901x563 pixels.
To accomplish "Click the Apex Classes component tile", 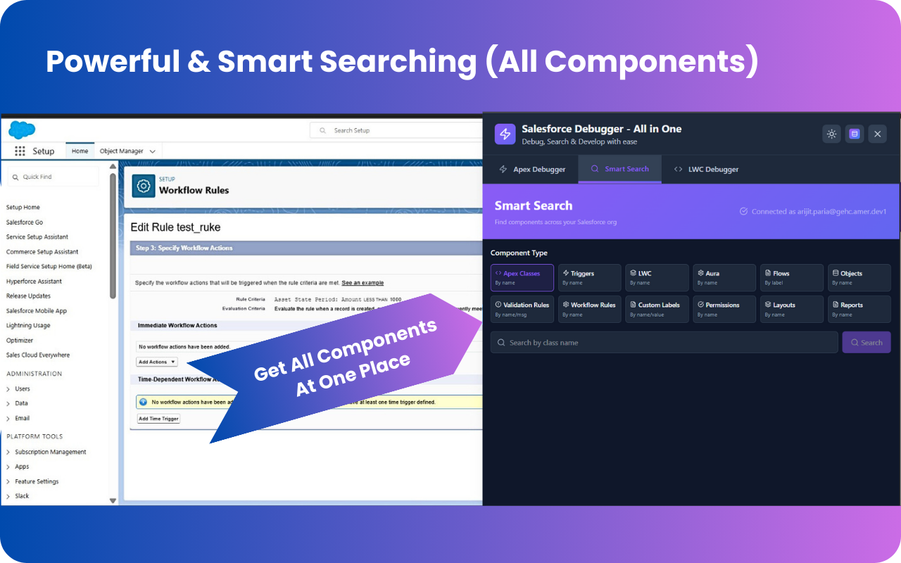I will pyautogui.click(x=522, y=277).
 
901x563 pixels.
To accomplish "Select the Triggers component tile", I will pyautogui.click(x=589, y=277).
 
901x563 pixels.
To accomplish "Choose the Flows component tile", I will pyautogui.click(x=792, y=277).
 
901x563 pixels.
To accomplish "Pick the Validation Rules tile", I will pyautogui.click(x=522, y=309).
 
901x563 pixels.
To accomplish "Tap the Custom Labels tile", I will pyautogui.click(x=657, y=309).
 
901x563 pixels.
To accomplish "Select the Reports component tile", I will pyautogui.click(x=859, y=309).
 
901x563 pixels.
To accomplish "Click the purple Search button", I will pyautogui.click(x=866, y=343).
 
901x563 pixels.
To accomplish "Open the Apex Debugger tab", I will pyautogui.click(x=532, y=170).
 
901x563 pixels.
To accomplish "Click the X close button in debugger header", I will pyautogui.click(x=876, y=134).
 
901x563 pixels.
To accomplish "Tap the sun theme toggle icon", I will pyautogui.click(x=831, y=134).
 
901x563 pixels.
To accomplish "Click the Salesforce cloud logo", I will pyautogui.click(x=22, y=130).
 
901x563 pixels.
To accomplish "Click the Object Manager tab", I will pyautogui.click(x=122, y=151).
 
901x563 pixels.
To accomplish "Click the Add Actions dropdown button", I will pyautogui.click(x=157, y=362).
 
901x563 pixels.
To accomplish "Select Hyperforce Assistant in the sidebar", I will pyautogui.click(x=34, y=281).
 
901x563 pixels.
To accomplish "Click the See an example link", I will pyautogui.click(x=363, y=283).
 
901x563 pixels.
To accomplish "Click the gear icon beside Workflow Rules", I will pyautogui.click(x=144, y=186).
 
